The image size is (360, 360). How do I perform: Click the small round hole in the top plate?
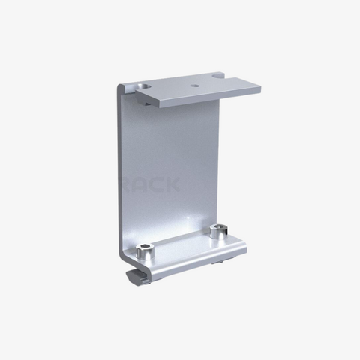[x=195, y=85]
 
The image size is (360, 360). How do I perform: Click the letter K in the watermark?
[x=170, y=182]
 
